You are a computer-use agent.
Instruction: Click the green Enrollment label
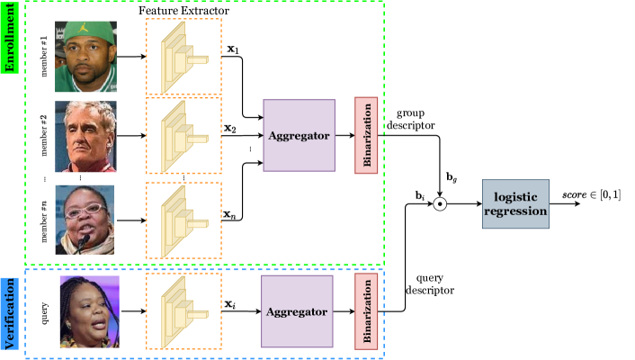point(10,38)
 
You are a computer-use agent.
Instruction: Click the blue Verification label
point(10,313)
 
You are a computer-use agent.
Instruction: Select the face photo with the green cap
point(85,57)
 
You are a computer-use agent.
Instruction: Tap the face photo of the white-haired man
point(85,135)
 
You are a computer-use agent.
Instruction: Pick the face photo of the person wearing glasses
point(85,220)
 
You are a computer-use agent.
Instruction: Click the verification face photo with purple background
point(90,311)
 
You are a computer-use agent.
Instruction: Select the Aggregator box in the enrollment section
point(299,135)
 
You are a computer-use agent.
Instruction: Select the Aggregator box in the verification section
point(297,311)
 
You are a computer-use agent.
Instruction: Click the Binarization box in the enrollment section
point(366,135)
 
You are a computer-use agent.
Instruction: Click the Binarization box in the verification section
point(366,311)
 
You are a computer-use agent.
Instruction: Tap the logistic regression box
point(515,204)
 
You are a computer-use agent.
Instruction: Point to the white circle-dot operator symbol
point(440,204)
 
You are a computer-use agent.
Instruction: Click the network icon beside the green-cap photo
point(183,57)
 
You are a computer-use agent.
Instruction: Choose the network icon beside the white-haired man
point(183,135)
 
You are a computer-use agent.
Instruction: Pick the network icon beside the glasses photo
point(183,221)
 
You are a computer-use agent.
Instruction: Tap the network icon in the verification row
point(183,311)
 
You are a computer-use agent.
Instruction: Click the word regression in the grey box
point(515,212)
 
